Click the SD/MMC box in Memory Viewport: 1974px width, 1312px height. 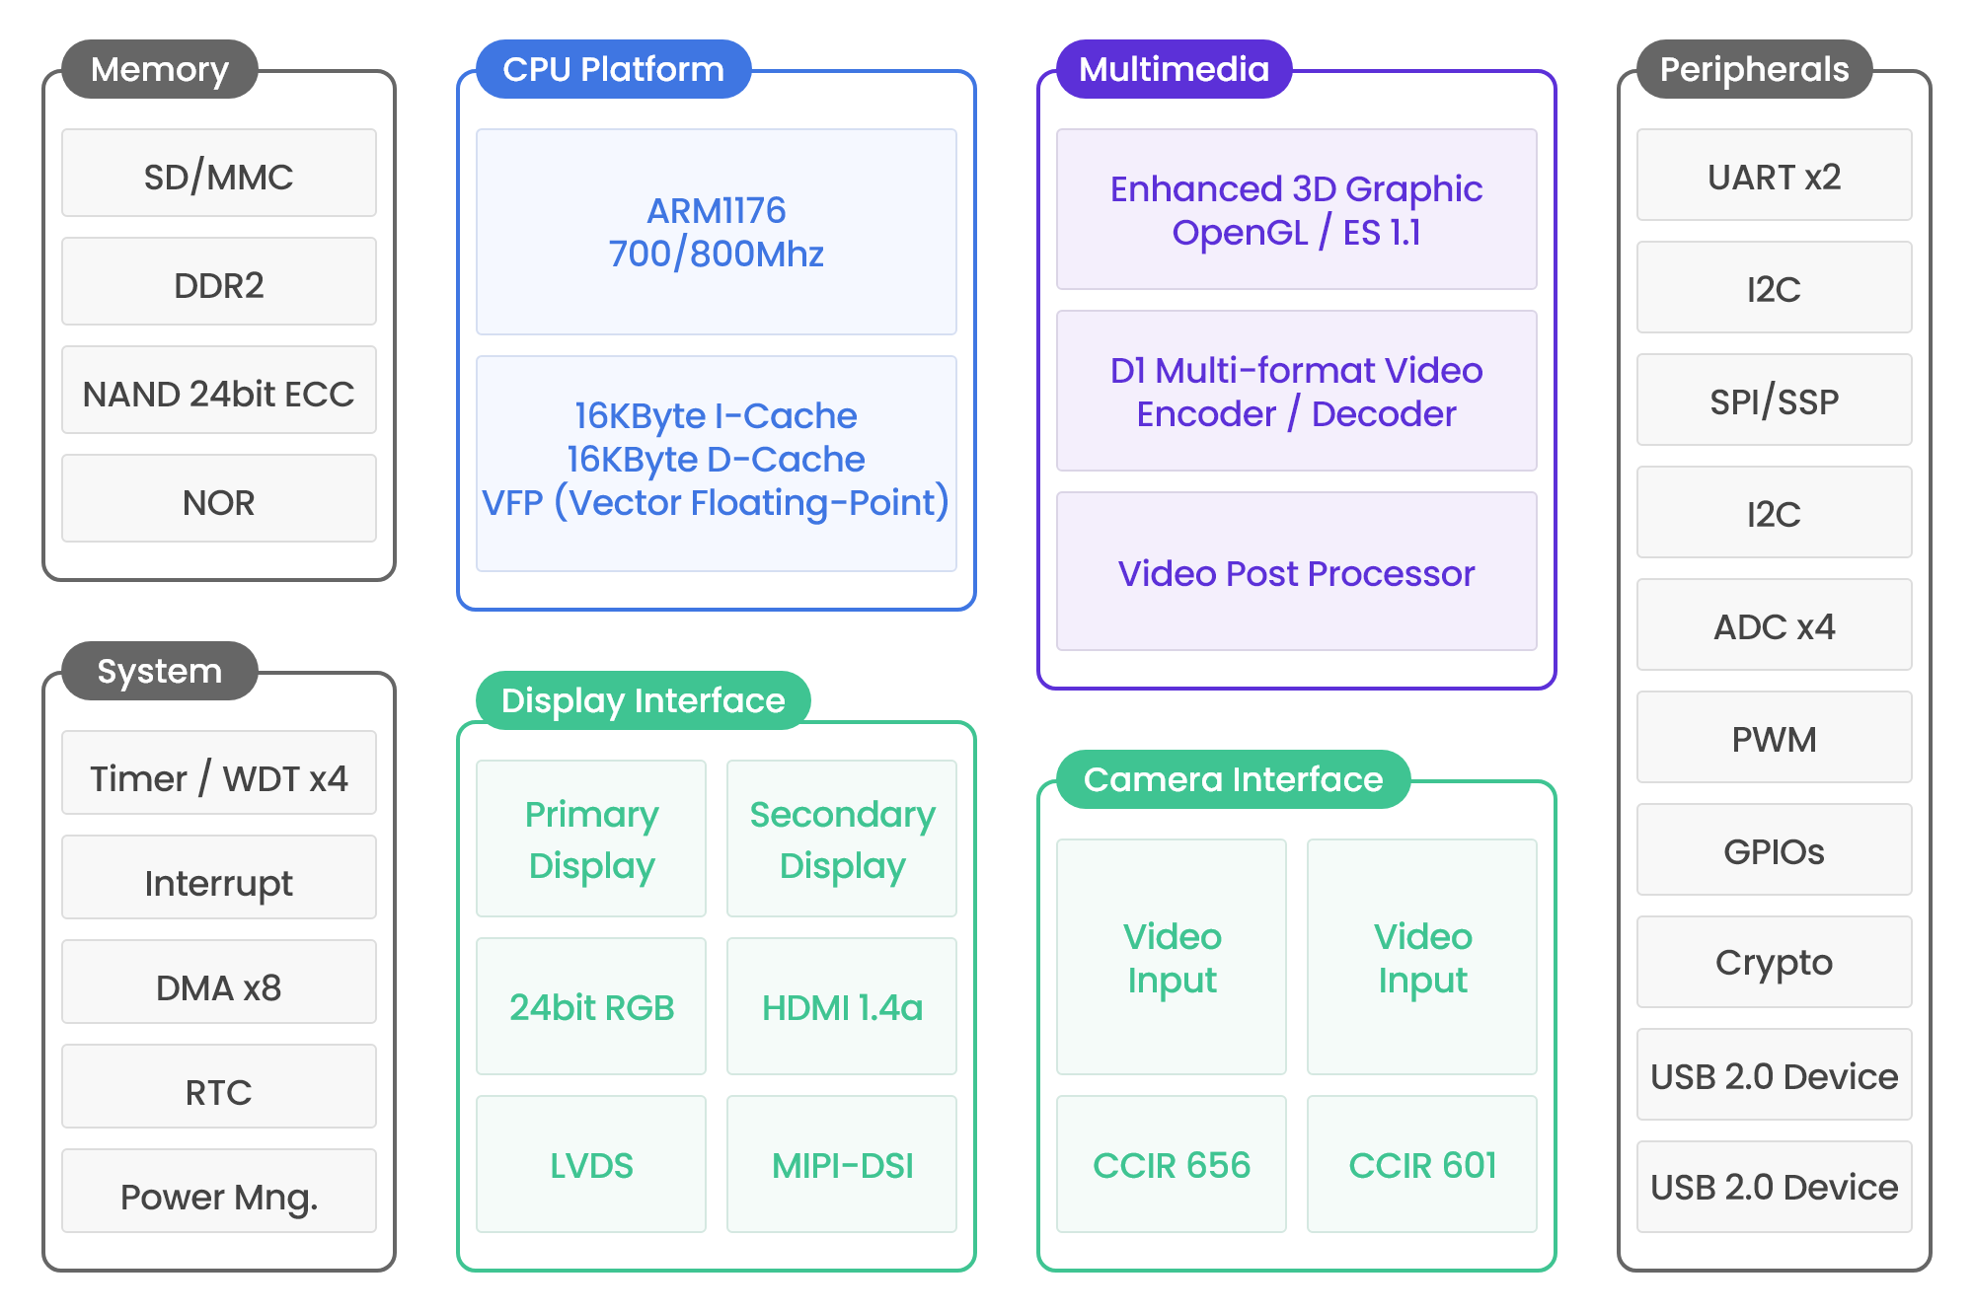click(219, 173)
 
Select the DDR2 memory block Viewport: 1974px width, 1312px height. click(219, 281)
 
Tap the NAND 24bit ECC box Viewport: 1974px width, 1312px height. click(219, 390)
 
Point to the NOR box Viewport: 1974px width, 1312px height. click(219, 498)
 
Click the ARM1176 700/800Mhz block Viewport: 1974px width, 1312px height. click(717, 232)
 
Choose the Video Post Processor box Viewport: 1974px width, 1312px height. click(1297, 571)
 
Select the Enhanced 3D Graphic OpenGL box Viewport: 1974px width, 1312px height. click(1297, 209)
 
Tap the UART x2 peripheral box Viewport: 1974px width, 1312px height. click(1775, 175)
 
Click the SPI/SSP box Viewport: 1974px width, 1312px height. click(1775, 400)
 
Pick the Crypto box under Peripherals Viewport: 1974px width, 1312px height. click(1775, 962)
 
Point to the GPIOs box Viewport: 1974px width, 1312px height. click(1775, 849)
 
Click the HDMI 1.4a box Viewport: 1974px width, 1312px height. click(842, 1006)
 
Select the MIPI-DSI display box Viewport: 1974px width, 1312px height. click(842, 1164)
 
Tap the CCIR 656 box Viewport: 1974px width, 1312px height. click(1172, 1164)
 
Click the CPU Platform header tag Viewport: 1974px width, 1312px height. click(614, 69)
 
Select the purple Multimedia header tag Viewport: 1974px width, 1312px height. click(1175, 69)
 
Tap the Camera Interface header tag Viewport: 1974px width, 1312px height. click(1234, 779)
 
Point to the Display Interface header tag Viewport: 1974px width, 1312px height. click(644, 700)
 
